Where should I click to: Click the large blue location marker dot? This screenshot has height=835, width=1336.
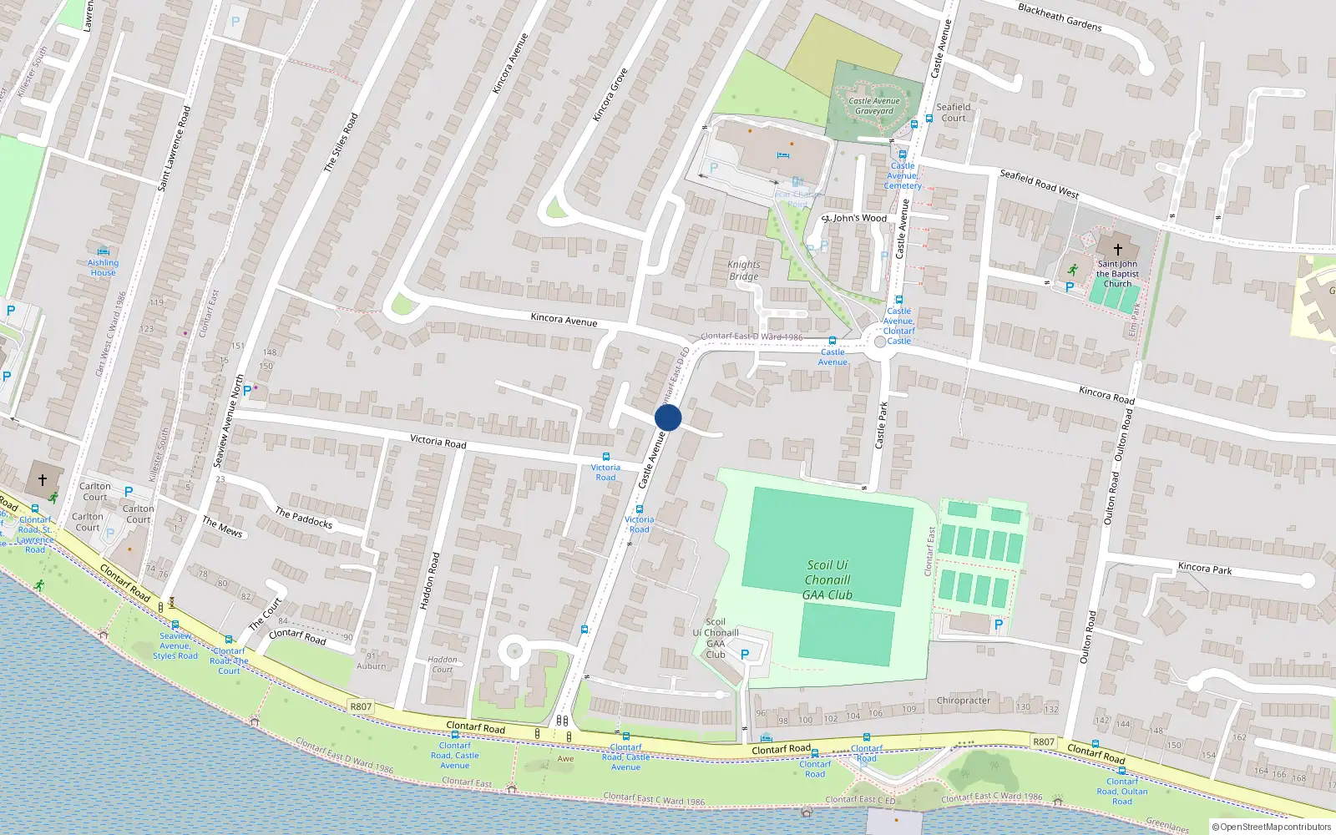[668, 417]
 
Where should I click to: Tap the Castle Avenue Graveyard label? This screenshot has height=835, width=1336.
[874, 106]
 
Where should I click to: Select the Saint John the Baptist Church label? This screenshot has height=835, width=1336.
[1117, 274]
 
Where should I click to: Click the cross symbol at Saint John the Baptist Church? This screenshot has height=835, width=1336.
[1117, 250]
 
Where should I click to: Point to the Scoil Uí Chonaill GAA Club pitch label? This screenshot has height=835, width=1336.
[827, 579]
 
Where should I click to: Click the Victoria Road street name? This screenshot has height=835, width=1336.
[438, 442]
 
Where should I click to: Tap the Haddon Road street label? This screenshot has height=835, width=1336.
[428, 580]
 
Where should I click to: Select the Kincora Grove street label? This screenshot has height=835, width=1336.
[610, 95]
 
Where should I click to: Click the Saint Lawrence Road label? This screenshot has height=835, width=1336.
[174, 149]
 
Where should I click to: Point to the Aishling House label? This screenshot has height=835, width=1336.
[104, 267]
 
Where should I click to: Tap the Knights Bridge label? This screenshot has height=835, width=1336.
[743, 271]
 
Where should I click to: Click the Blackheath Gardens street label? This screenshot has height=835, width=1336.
[1060, 17]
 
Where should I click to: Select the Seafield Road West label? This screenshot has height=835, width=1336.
[1039, 184]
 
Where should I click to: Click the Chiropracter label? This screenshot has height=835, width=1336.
[963, 701]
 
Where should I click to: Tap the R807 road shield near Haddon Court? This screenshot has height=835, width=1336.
[361, 706]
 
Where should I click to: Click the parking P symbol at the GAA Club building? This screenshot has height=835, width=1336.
[745, 655]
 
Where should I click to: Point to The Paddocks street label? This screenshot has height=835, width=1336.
[304, 519]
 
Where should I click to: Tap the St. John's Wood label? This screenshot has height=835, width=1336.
[854, 218]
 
